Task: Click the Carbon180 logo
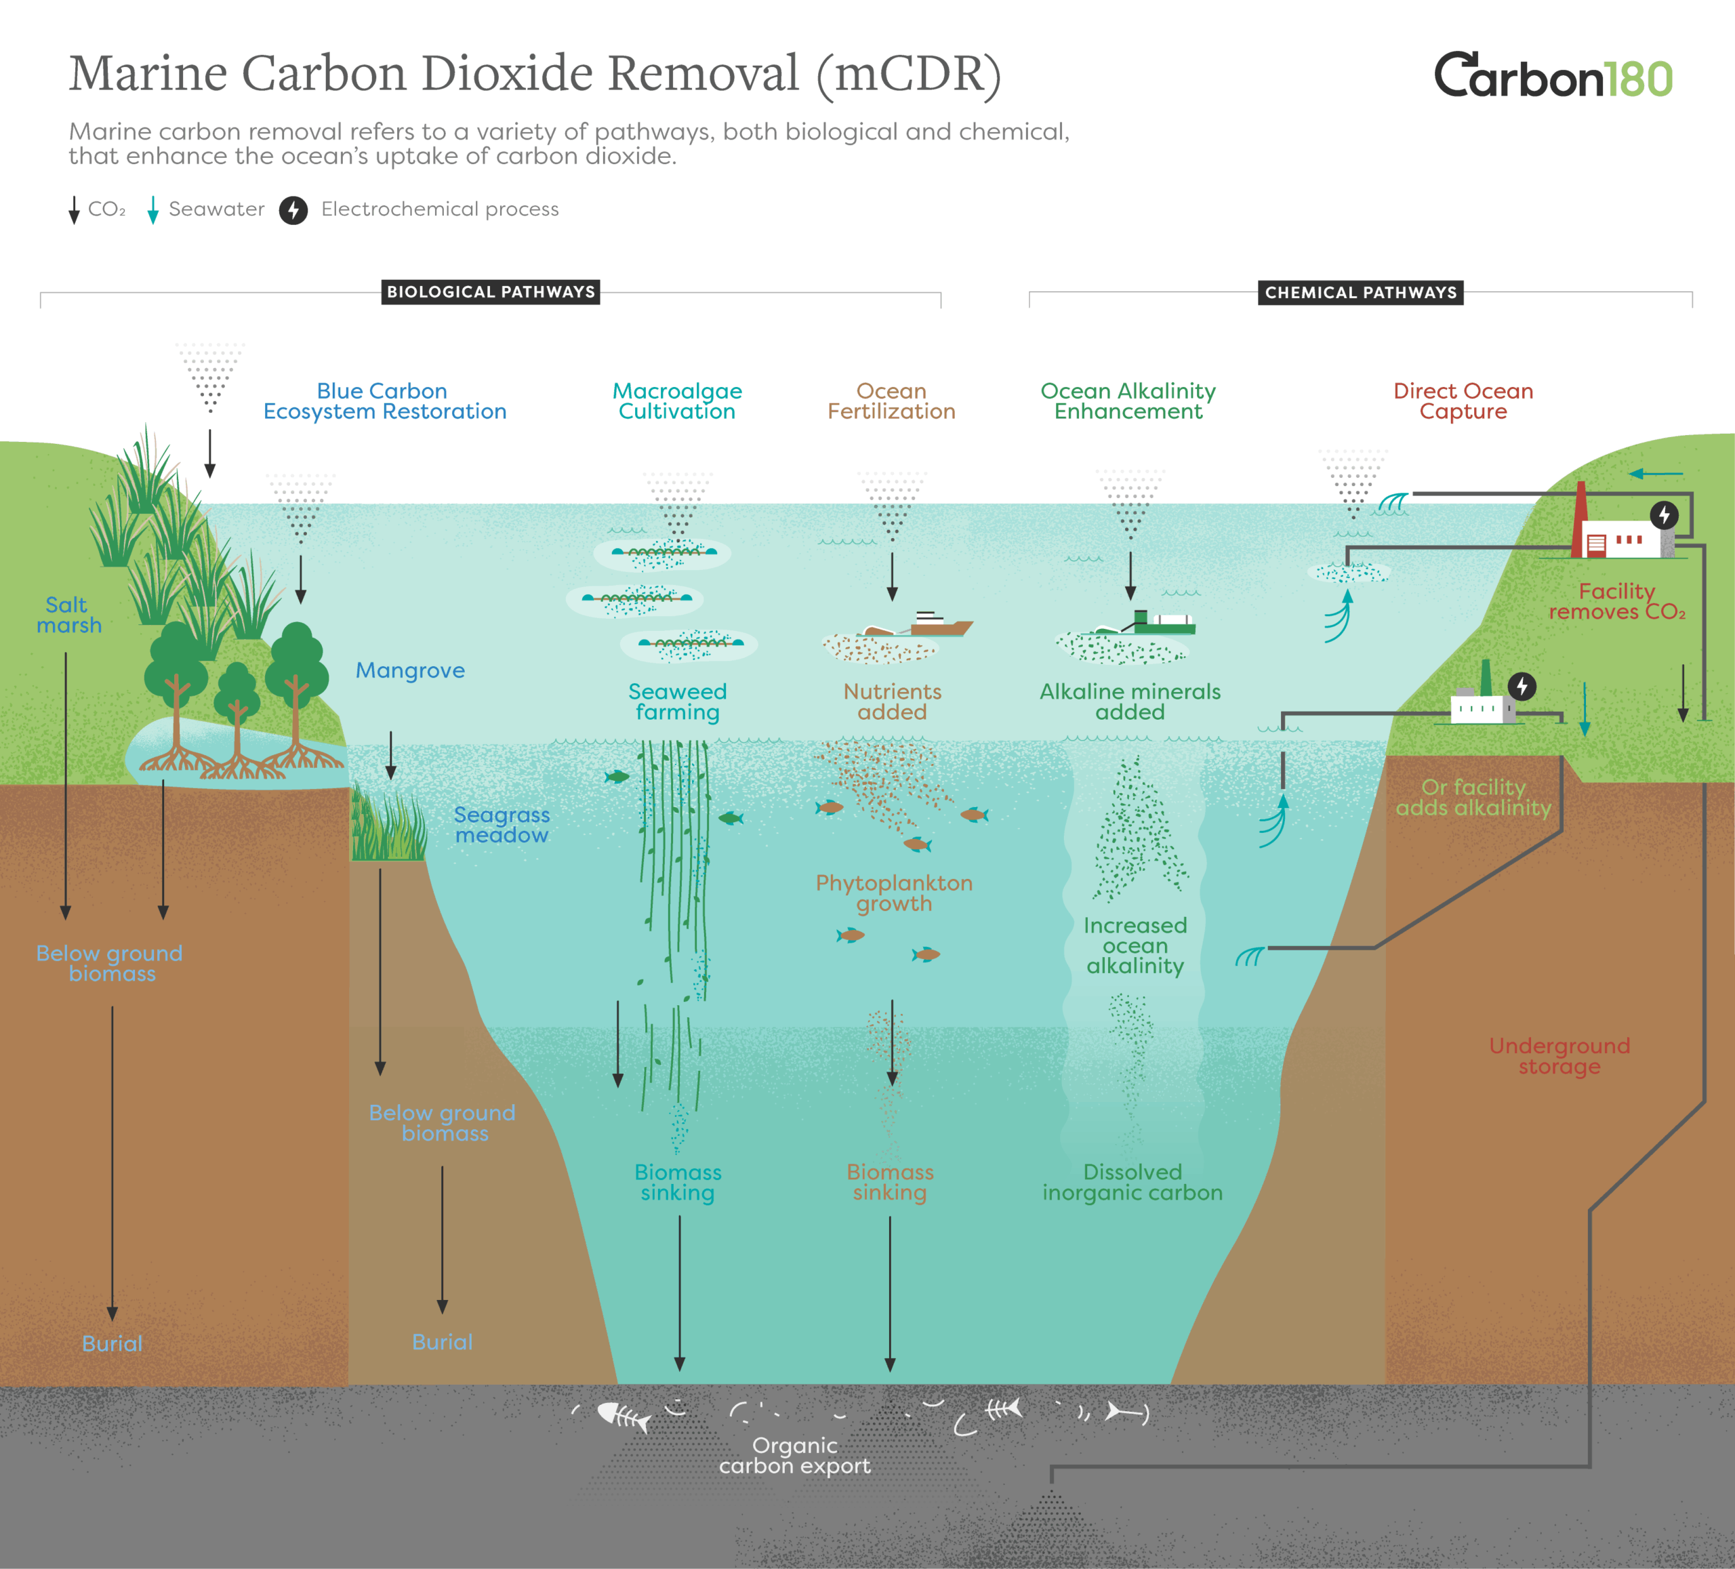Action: (x=1553, y=76)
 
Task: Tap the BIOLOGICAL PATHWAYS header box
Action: (x=491, y=291)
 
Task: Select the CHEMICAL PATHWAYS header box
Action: (x=1361, y=293)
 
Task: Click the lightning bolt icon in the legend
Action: (x=293, y=210)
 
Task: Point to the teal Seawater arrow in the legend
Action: (x=153, y=210)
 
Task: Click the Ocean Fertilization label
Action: (x=892, y=401)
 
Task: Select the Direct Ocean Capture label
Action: (x=1463, y=401)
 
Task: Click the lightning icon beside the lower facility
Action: (x=1522, y=686)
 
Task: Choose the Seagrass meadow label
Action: (x=502, y=825)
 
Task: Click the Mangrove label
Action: (x=411, y=670)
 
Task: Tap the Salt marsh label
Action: (x=69, y=615)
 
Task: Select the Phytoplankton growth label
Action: (x=894, y=893)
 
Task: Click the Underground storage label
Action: (x=1559, y=1056)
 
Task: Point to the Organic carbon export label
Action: (x=794, y=1455)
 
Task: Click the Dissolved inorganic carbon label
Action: (x=1132, y=1183)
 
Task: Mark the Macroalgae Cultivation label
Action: (x=677, y=401)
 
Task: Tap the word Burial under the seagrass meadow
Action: (x=443, y=1342)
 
